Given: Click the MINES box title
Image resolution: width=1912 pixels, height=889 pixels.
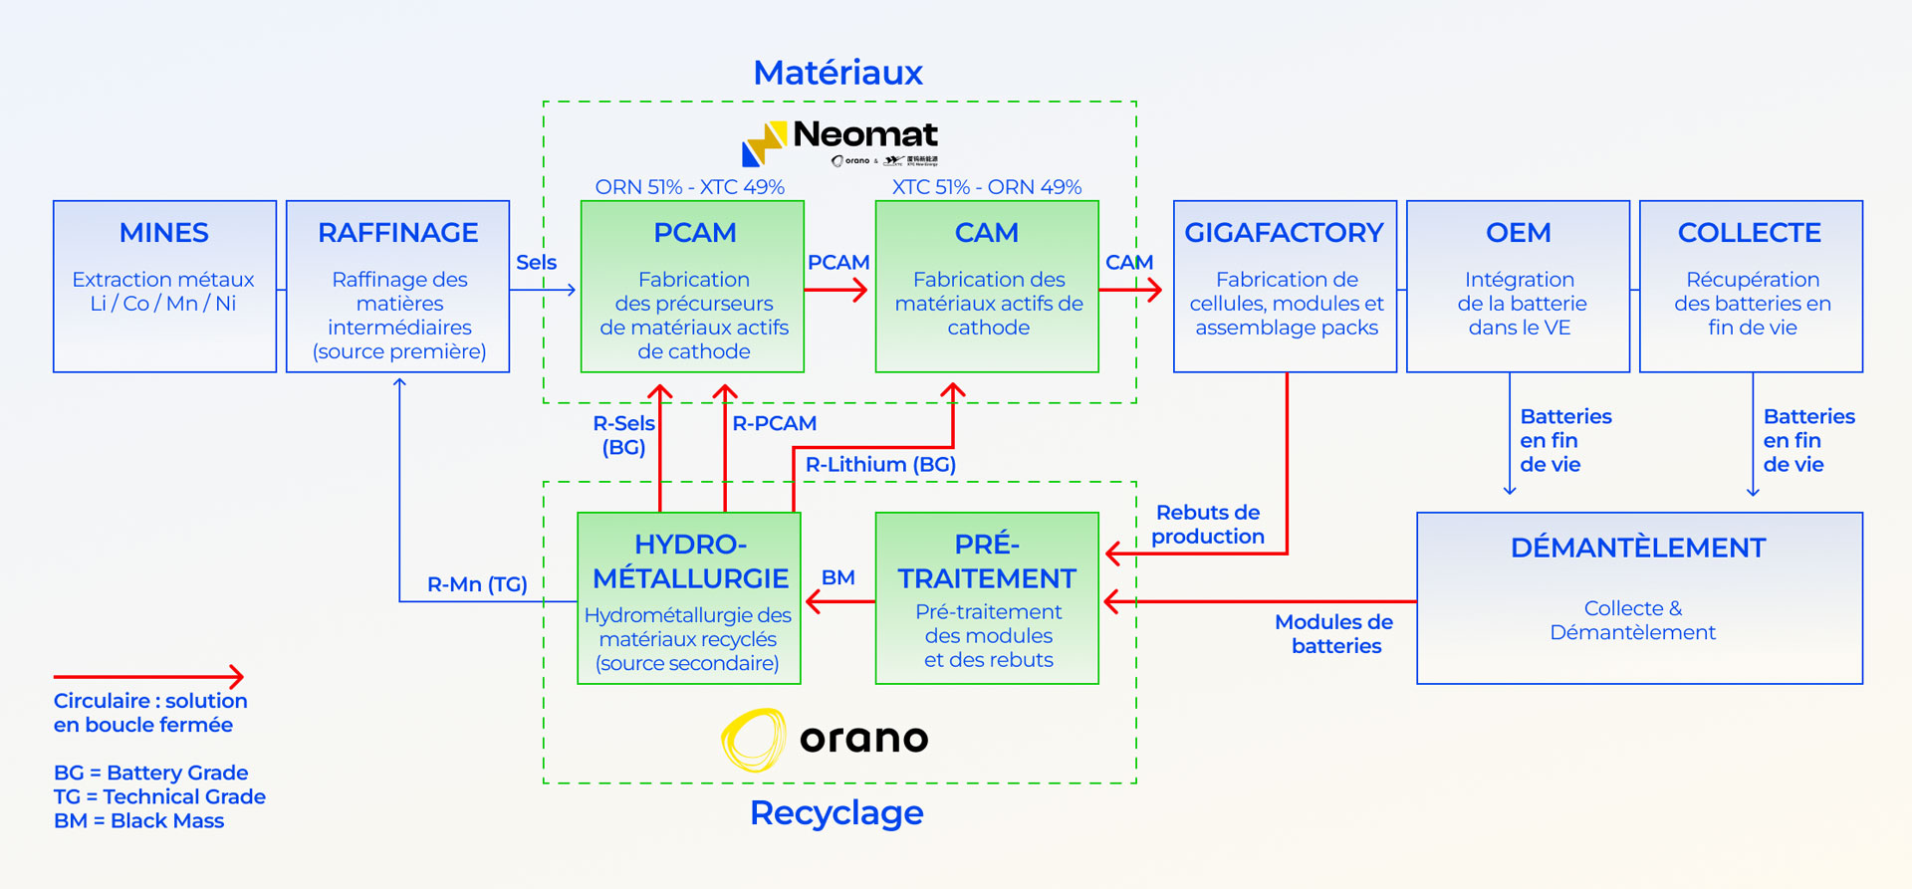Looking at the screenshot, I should (164, 233).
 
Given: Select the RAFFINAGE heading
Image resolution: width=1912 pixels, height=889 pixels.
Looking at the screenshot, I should (398, 233).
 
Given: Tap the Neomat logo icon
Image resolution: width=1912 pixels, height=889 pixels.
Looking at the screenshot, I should (764, 143).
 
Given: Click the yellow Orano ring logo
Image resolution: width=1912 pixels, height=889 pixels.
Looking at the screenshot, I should (754, 740).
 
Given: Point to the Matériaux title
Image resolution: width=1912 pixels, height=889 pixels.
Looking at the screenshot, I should (837, 73).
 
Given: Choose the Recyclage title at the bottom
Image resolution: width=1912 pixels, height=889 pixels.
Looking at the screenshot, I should (836, 813).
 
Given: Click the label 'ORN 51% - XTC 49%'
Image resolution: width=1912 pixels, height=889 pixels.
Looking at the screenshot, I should (689, 187).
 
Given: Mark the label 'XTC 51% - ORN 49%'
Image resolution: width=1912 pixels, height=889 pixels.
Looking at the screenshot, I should (986, 187).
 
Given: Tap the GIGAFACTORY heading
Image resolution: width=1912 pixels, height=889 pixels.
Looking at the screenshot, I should (1284, 233).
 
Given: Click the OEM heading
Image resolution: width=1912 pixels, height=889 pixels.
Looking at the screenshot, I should (1518, 233).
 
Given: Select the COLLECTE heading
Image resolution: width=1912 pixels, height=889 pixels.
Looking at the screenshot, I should (1750, 233).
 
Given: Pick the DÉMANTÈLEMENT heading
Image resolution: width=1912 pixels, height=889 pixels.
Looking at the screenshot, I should (1638, 548).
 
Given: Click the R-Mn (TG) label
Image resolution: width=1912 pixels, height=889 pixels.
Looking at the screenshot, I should (477, 584).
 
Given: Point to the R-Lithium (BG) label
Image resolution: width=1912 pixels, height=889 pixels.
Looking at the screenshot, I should (880, 464).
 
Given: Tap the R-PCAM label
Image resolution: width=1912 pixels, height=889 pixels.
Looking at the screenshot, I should (774, 423).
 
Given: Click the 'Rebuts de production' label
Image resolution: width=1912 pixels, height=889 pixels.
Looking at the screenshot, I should (1208, 525).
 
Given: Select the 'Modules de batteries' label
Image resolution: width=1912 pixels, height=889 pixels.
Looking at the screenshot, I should (1334, 634).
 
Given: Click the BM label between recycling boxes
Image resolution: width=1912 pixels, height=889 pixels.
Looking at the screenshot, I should (837, 577).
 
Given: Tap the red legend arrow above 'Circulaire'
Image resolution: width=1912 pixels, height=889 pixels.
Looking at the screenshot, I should (148, 677).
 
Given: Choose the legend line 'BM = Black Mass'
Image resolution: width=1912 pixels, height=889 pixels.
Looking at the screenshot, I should (138, 821).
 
